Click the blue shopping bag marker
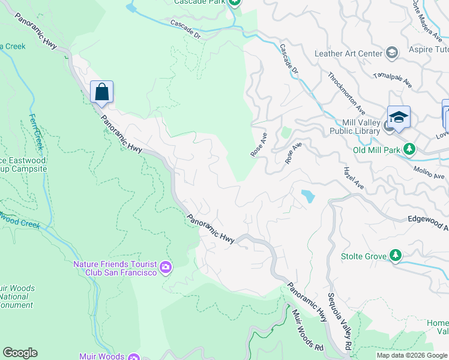pos(102,92)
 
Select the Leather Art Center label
pos(348,53)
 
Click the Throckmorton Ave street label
pos(346,94)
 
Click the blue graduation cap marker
pos(399,117)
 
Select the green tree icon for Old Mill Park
pos(409,148)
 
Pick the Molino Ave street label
pos(429,173)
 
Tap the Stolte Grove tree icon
pos(395,256)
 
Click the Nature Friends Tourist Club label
pos(115,268)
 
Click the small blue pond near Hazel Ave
pos(307,196)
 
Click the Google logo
pos(20,353)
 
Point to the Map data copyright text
pos(412,355)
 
